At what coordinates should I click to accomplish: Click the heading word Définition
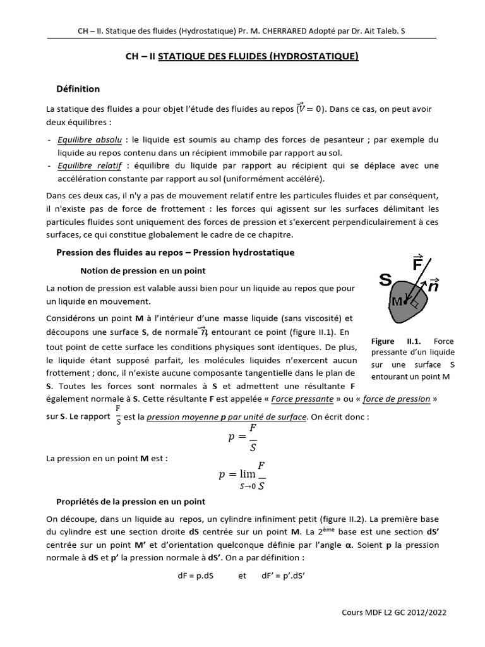click(78, 88)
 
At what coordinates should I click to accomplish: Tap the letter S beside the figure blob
click(385, 279)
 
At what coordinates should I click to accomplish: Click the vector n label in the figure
click(433, 286)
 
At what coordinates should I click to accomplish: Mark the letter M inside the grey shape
click(397, 301)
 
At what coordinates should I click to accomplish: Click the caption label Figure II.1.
click(392, 341)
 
